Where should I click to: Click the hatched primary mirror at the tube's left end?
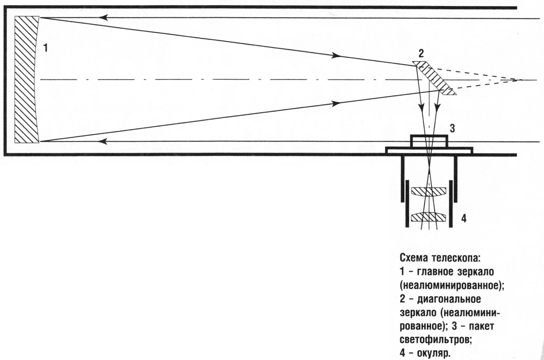coord(26,79)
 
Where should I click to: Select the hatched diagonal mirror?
coord(434,78)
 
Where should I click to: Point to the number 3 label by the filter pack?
coord(452,128)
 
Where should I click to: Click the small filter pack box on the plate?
coord(429,141)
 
